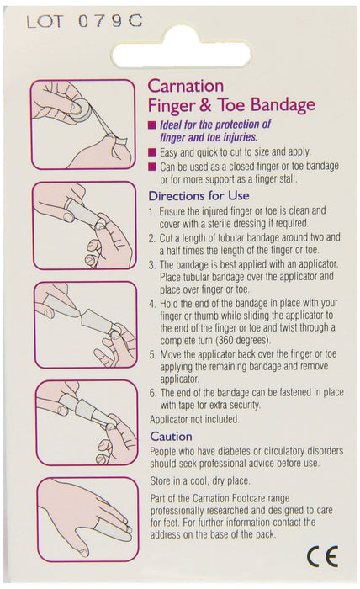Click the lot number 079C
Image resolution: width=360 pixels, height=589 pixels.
[110, 21]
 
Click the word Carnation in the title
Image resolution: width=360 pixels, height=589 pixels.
[186, 86]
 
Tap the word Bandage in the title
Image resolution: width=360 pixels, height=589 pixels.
[283, 105]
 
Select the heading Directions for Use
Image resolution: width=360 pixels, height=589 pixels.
[199, 196]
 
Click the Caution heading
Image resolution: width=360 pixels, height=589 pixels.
[172, 437]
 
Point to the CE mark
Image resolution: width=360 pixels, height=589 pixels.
[323, 557]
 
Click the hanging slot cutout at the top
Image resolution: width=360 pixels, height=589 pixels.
[182, 55]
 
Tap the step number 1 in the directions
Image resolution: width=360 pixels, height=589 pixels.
[151, 212]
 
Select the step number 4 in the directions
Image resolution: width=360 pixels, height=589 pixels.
[151, 304]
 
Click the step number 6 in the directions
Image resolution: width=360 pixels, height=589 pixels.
[152, 393]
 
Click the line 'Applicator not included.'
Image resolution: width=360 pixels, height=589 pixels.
[194, 419]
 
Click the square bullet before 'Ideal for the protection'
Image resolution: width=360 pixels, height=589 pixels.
[152, 125]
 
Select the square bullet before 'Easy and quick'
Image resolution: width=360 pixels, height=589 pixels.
[152, 152]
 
